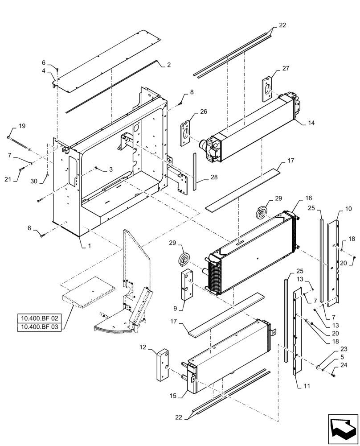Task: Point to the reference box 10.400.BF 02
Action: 39,318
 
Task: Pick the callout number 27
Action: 285,68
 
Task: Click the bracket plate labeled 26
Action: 185,131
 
